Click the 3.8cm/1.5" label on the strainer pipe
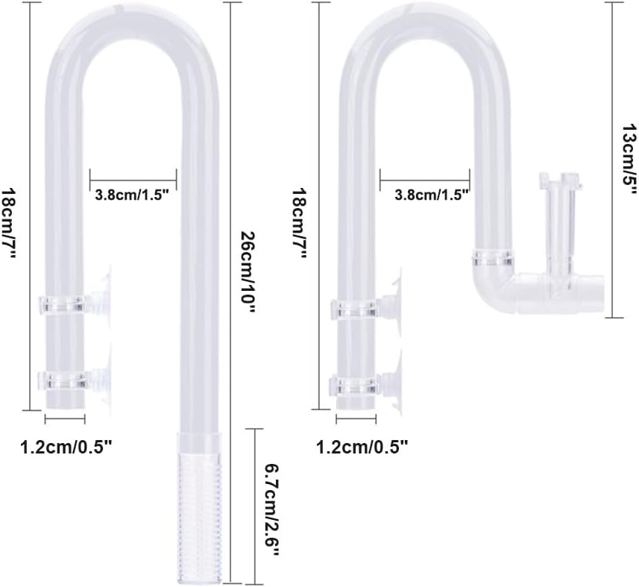(133, 195)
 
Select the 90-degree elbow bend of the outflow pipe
(492, 287)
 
